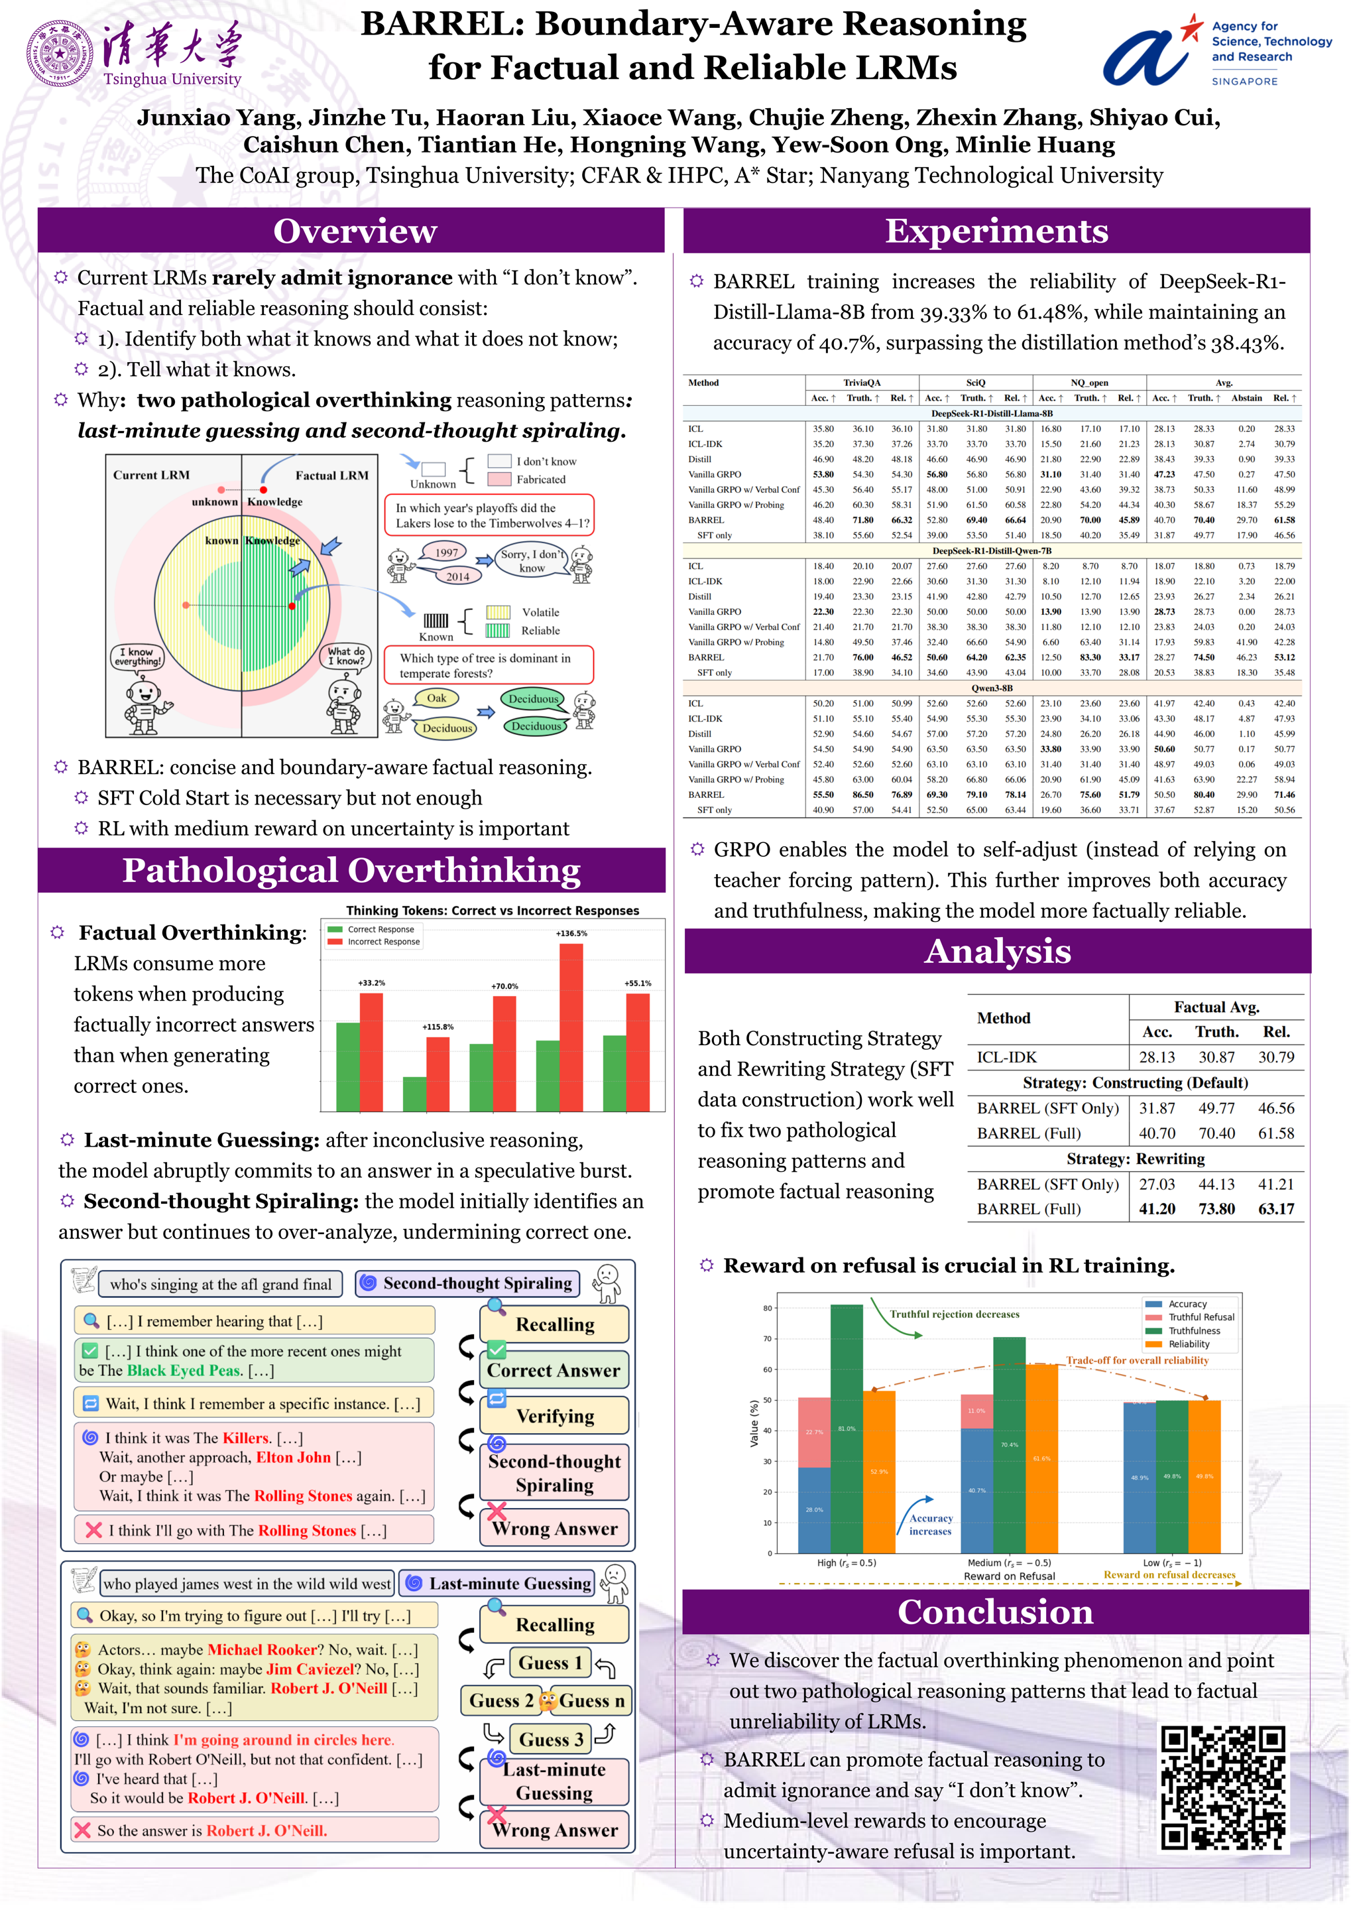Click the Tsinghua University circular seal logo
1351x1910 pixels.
click(60, 53)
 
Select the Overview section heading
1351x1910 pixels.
click(355, 231)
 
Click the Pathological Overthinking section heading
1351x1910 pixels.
click(351, 871)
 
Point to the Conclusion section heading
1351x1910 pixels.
click(995, 1612)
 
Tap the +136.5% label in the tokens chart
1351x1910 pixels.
click(571, 933)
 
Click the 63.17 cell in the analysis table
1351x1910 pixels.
click(1275, 1209)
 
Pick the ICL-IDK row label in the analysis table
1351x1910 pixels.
click(1006, 1058)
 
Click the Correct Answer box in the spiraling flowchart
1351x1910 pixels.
click(554, 1371)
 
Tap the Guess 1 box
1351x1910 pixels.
click(550, 1663)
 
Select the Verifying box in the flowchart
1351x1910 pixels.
click(554, 1417)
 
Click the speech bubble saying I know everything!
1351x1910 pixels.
click(138, 657)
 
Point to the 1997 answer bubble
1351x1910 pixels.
click(447, 552)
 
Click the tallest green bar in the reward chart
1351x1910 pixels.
click(847, 1428)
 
